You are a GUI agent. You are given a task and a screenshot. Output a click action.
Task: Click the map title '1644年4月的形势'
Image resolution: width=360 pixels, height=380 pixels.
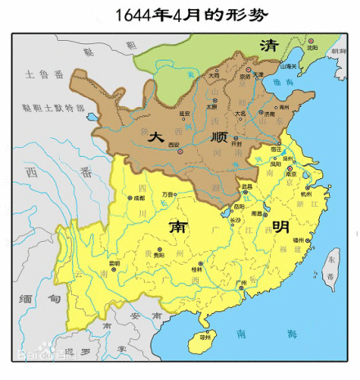point(179,14)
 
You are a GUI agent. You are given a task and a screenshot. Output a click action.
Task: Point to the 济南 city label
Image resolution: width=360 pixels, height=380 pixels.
point(269,116)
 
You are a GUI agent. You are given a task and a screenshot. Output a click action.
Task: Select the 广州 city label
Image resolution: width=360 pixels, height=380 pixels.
point(241,282)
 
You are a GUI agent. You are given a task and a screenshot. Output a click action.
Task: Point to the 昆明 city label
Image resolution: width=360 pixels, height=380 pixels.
point(115,263)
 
